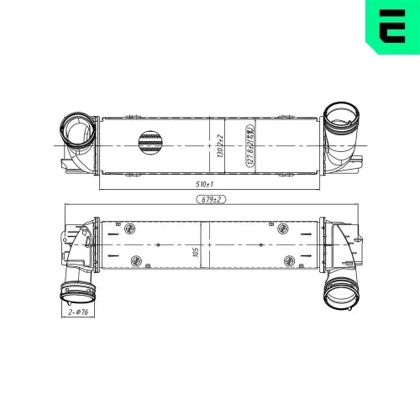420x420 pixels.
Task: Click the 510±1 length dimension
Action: click(204, 183)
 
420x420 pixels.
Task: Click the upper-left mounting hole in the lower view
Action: click(129, 228)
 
